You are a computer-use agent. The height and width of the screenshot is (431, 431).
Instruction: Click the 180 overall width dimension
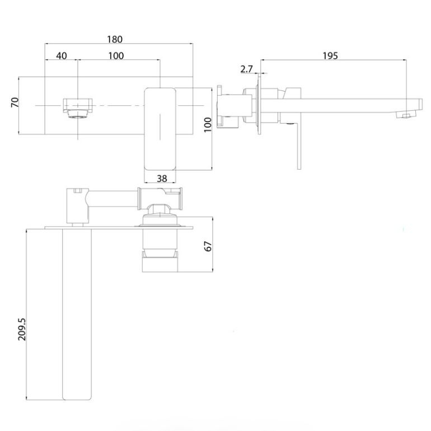114,39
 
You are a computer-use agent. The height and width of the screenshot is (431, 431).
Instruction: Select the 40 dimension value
62,55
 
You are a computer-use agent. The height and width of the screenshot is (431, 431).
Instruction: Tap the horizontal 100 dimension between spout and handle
116,55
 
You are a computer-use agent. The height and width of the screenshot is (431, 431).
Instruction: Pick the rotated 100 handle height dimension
208,124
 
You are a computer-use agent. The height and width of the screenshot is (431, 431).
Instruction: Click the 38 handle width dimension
161,178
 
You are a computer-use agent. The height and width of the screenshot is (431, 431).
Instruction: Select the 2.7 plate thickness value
247,69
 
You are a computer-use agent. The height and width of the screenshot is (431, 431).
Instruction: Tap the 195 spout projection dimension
330,55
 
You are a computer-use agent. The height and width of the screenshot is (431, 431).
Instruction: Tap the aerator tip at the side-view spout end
404,115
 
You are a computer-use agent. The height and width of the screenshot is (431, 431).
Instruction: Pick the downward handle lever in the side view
299,146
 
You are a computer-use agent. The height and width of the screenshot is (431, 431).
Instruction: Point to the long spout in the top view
77,313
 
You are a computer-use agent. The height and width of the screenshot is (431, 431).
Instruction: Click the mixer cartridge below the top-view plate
161,249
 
